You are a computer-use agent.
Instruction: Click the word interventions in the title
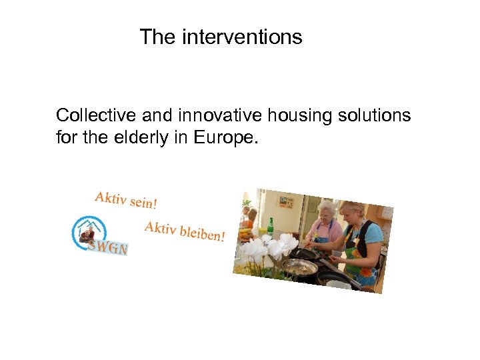[241, 37]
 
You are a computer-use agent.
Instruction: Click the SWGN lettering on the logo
[108, 247]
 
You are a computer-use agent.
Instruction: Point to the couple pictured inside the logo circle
[87, 234]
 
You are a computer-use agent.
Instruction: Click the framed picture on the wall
[286, 201]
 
